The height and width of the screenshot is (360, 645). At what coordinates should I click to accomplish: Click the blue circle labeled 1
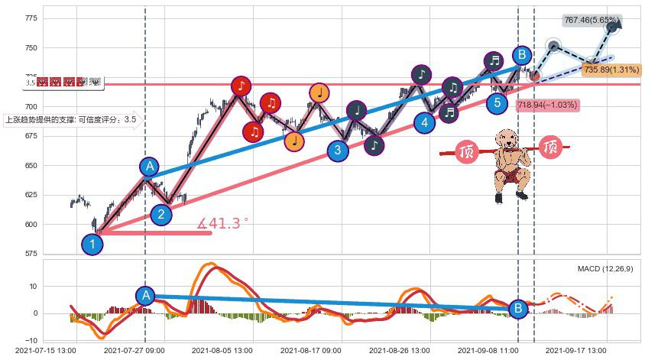point(92,245)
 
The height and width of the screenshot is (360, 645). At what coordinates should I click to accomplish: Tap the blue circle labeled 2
point(160,214)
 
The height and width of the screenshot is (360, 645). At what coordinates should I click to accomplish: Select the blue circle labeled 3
point(338,150)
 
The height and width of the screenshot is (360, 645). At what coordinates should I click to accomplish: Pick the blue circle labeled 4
point(425,122)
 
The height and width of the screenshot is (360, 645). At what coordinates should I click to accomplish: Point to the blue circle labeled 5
point(498,102)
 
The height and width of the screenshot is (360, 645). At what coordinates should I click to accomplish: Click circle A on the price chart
point(150,167)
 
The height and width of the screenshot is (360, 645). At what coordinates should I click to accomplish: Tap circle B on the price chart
point(521,55)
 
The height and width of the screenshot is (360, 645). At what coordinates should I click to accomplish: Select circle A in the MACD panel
point(145,296)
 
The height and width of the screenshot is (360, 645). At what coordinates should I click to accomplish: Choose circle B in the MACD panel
point(517,309)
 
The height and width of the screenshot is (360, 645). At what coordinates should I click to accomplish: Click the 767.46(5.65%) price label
point(592,21)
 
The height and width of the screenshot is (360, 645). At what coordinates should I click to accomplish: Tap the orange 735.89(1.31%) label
point(611,70)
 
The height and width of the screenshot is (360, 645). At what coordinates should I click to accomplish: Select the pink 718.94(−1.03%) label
point(546,105)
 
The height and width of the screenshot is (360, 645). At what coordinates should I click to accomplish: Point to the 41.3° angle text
point(223,223)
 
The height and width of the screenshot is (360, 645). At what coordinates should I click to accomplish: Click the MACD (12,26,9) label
point(605,269)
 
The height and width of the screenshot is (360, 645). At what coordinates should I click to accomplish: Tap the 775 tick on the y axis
point(31,18)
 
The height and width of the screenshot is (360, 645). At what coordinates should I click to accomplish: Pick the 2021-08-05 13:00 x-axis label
point(221,350)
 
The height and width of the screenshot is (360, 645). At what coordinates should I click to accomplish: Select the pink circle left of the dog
point(466,151)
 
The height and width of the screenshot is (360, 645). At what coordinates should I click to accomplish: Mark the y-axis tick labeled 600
point(31,225)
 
